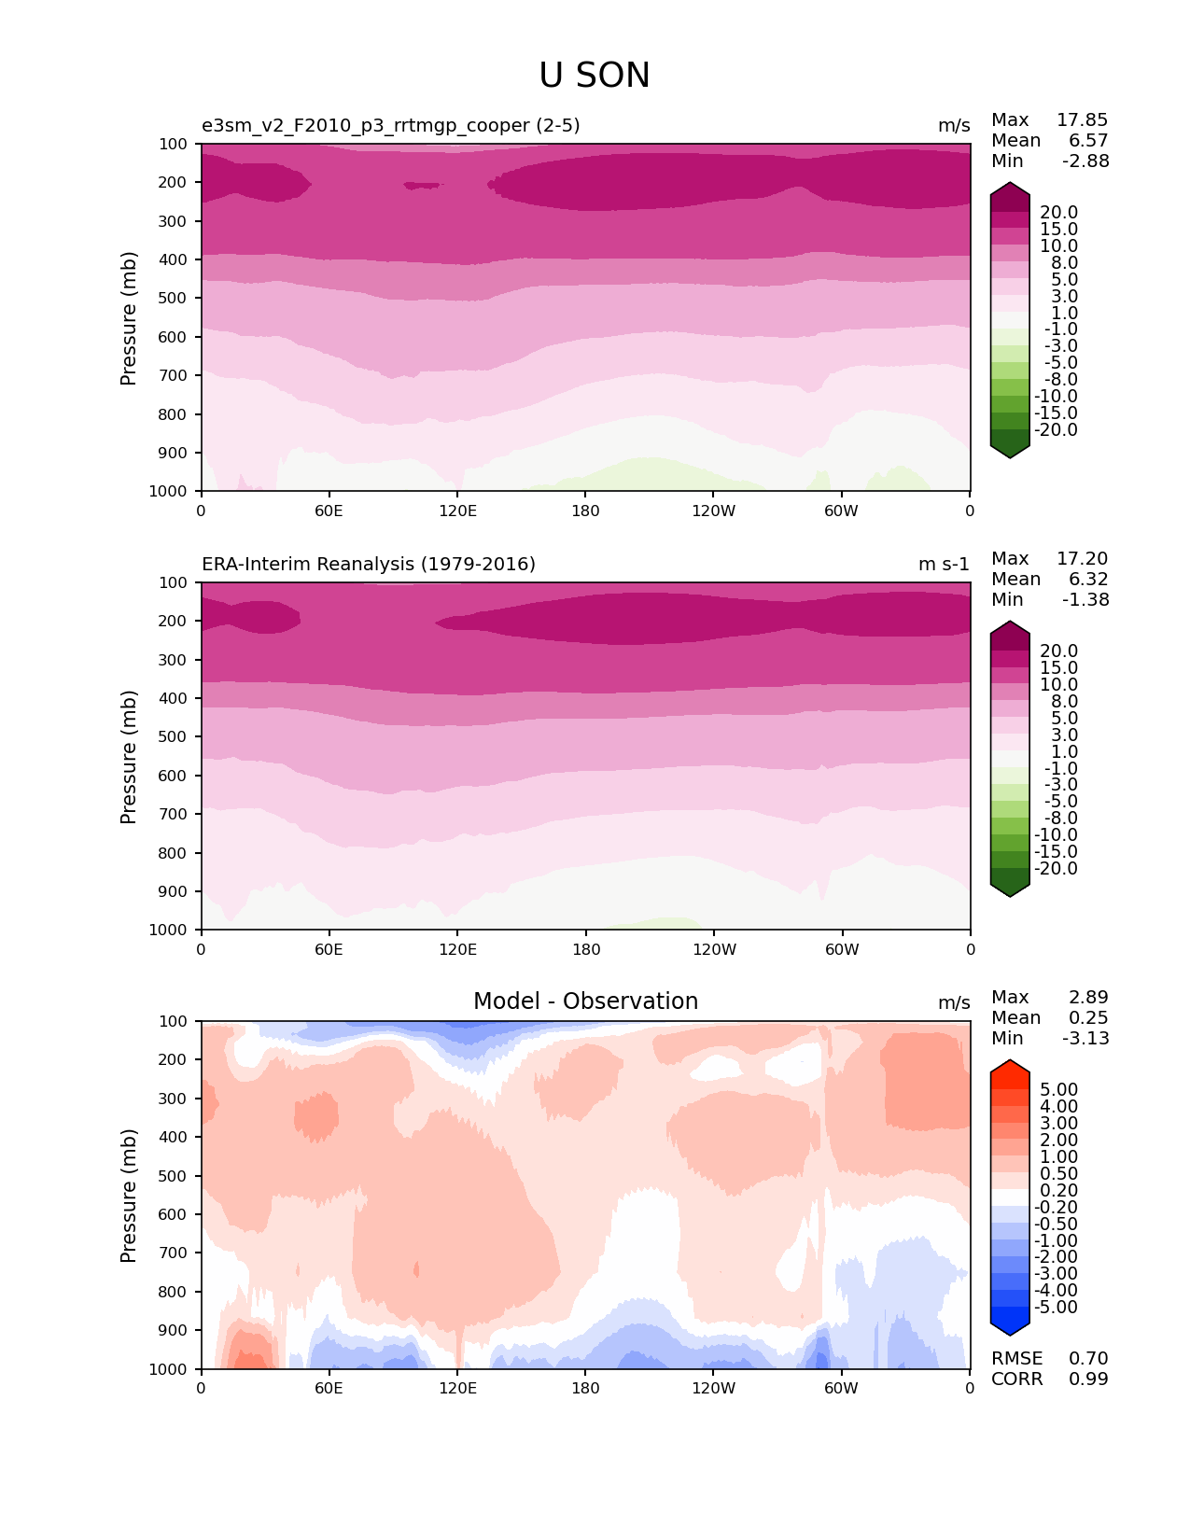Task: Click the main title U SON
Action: click(595, 76)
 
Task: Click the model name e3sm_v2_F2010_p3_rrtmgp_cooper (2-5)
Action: click(391, 126)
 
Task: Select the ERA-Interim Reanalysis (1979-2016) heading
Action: click(369, 565)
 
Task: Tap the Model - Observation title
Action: click(585, 1001)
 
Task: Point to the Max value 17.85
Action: click(1082, 120)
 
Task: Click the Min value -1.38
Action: click(1085, 600)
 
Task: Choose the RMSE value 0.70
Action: click(1088, 1359)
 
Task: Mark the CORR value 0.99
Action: click(1088, 1379)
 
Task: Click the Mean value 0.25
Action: click(1088, 1018)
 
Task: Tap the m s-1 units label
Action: click(944, 565)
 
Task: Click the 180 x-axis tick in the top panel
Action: click(585, 511)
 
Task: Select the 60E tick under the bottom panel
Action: click(329, 1389)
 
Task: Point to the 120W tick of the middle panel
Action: click(714, 950)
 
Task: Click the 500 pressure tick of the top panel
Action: click(175, 299)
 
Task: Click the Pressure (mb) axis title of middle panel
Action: click(129, 757)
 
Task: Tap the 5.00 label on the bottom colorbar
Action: click(1058, 1090)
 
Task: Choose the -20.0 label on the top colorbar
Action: click(1058, 430)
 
